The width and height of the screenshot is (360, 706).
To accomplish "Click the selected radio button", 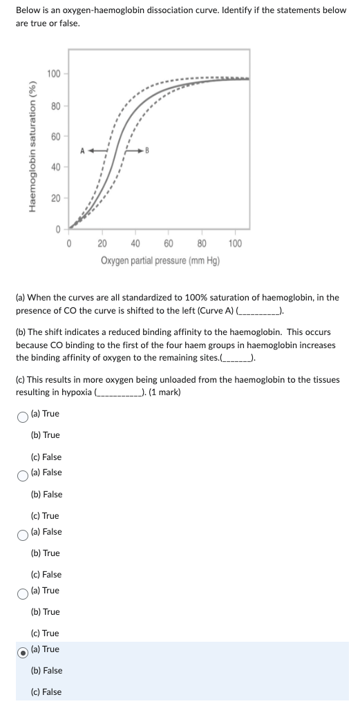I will point(23,649).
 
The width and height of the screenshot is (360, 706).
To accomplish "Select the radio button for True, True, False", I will point(23,414).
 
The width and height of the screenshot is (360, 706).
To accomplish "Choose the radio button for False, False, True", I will point(23,473).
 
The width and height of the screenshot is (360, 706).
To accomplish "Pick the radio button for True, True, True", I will point(23,591).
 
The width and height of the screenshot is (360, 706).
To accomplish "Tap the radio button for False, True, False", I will point(23,532).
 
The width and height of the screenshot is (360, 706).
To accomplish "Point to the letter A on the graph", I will point(82,149).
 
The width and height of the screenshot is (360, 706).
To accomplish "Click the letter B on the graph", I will point(147,149).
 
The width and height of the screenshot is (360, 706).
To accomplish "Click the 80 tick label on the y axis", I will point(54,106).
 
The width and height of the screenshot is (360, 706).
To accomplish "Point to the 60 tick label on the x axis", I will point(168,243).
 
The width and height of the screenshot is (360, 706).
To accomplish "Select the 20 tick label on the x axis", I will point(102,243).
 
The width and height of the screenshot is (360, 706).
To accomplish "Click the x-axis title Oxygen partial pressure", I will point(160,260).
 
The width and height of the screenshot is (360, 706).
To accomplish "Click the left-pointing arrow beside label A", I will point(97,149).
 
